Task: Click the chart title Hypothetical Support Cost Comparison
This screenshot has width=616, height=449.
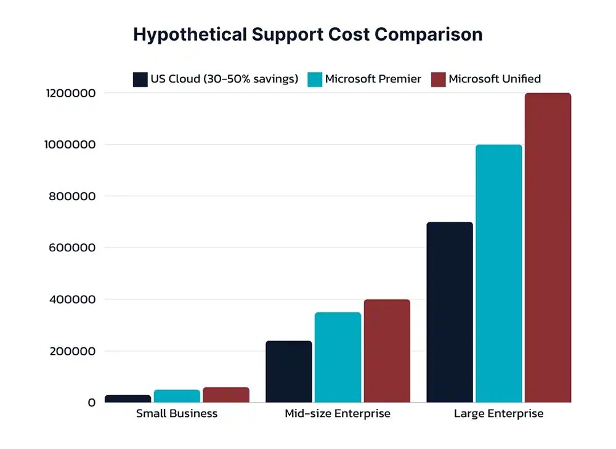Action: click(307, 34)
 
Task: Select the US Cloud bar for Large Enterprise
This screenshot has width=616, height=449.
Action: click(450, 312)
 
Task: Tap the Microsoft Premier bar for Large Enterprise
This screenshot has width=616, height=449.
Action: click(498, 273)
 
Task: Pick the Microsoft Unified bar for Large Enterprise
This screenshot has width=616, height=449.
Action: click(548, 248)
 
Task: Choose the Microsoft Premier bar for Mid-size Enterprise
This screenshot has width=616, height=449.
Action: click(338, 357)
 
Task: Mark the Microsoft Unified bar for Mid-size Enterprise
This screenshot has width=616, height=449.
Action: click(387, 351)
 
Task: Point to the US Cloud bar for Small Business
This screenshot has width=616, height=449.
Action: click(128, 398)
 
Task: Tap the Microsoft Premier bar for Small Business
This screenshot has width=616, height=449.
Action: click(177, 396)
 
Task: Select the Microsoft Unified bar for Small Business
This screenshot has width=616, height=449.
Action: click(226, 395)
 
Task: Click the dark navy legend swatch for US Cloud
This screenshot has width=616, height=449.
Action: click(140, 79)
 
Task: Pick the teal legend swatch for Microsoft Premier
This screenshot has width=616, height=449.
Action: click(315, 79)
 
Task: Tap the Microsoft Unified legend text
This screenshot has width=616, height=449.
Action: click(495, 79)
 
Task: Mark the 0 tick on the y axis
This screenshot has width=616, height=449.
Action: click(92, 403)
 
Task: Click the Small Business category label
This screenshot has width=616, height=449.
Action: click(177, 413)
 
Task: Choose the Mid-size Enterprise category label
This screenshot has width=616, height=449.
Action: click(338, 413)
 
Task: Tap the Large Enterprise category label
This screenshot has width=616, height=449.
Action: click(498, 413)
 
